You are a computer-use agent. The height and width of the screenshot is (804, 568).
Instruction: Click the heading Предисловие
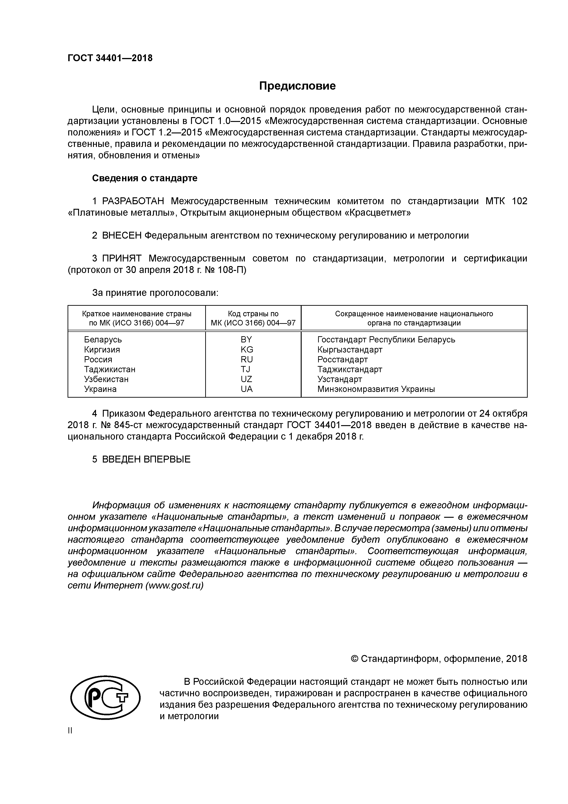coord(297,86)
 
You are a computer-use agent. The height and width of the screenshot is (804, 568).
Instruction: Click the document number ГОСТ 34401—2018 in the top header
coord(110,58)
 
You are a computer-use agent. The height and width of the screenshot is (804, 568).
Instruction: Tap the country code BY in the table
coord(246,339)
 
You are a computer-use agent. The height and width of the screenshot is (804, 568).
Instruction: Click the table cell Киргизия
coord(102,350)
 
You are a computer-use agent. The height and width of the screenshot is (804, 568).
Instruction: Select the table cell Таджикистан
coord(109,369)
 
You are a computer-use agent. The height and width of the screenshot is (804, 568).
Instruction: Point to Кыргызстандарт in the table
coord(350,350)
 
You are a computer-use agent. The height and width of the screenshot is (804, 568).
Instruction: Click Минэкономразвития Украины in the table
coord(376,389)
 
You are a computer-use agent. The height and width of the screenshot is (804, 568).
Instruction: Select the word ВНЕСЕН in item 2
coord(122,235)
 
